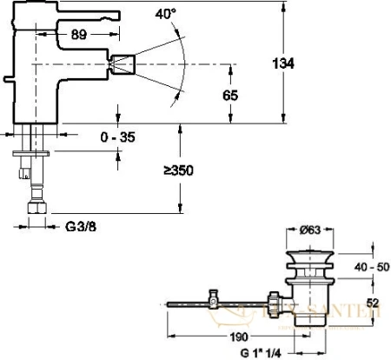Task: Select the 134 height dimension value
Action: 296,63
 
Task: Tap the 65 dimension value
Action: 229,96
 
